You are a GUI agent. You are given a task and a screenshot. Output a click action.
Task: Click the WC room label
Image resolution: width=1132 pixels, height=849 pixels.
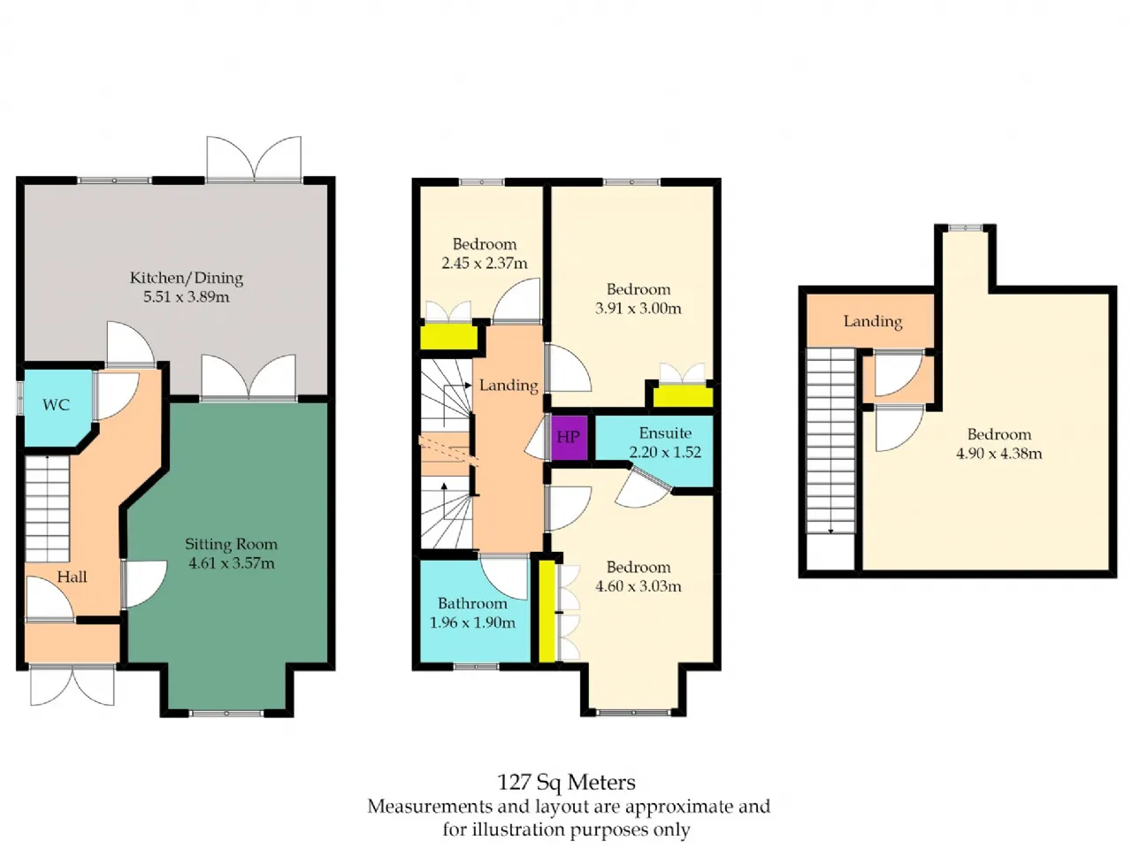[56, 405]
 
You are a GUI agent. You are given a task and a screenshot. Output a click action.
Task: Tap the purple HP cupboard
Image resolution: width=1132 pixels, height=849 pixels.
[570, 438]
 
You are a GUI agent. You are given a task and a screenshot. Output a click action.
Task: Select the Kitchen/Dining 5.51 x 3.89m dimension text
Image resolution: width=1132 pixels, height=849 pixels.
[187, 297]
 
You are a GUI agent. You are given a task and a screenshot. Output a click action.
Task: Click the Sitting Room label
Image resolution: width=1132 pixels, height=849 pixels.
[231, 544]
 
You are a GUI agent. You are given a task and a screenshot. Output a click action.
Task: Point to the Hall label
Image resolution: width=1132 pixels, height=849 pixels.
[72, 577]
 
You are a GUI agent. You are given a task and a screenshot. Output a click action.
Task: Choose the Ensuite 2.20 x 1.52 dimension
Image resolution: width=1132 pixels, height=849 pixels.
[665, 452]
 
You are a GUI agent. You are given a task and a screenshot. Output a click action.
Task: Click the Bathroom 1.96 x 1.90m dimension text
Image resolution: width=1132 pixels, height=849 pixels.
[472, 623]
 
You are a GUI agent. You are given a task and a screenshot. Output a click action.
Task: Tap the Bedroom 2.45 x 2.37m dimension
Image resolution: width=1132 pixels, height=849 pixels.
[485, 263]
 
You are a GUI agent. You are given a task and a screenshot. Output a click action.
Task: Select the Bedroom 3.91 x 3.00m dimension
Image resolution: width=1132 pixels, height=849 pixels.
[638, 309]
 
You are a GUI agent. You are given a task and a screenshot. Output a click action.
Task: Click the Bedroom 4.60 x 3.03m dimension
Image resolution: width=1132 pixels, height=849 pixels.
[638, 586]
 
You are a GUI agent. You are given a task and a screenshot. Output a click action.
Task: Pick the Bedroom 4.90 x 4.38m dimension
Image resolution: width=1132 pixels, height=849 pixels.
[998, 453]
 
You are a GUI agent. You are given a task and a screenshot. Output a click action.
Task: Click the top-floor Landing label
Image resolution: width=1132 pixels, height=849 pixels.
[873, 322]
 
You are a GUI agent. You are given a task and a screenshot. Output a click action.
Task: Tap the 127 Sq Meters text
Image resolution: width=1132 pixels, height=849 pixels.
[566, 782]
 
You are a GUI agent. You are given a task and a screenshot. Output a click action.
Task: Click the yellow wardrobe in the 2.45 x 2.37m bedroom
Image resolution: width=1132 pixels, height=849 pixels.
[447, 337]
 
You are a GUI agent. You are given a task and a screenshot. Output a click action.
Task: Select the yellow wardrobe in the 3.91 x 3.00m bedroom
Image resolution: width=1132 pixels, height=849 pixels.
[683, 397]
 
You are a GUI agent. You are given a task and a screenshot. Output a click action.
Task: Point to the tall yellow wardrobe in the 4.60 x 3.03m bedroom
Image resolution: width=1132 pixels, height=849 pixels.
[547, 611]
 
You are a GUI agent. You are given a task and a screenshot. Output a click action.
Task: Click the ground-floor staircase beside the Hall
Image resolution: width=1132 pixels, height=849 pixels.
[47, 509]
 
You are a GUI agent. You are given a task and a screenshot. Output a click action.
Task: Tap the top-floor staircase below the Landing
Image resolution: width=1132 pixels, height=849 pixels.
[830, 440]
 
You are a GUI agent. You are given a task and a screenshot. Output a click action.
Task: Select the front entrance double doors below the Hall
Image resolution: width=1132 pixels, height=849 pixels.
[73, 685]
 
